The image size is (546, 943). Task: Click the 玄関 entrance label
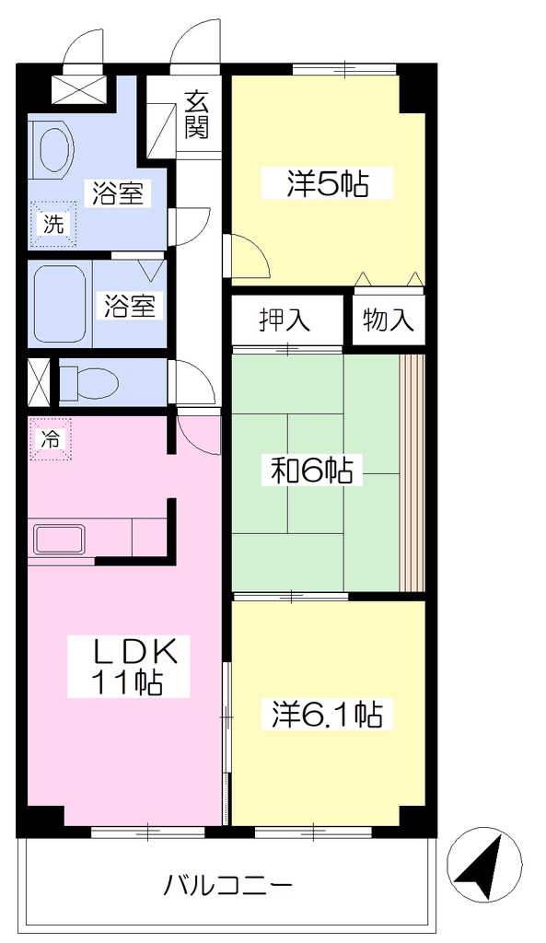point(196,115)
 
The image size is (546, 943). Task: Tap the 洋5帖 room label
point(327,183)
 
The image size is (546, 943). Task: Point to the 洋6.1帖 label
point(327,715)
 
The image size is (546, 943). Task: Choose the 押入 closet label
point(285,320)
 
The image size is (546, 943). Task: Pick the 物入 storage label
point(389,320)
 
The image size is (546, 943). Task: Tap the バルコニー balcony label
point(228,885)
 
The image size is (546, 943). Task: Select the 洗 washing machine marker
point(53,225)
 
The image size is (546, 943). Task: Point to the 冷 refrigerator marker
point(52,439)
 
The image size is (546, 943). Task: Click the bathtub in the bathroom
point(60,304)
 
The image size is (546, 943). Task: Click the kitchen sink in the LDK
point(62,539)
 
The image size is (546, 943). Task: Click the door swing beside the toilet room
point(192,382)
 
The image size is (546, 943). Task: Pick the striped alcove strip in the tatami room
point(412,472)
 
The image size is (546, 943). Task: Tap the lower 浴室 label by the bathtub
point(129,305)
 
